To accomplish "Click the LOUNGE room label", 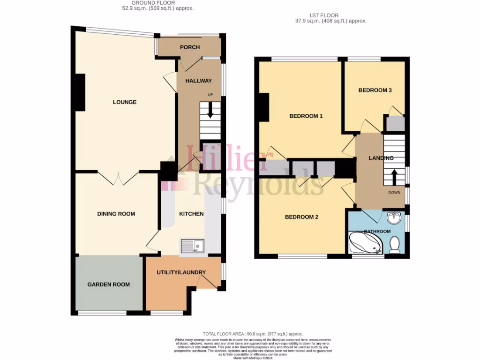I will pos(124,102).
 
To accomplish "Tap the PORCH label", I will pos(190,47).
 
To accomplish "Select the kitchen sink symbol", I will pos(192,245).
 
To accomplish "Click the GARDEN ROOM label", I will pos(109,284).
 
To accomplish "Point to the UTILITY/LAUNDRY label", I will pos(181,272).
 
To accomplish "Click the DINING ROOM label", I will pos(116,214).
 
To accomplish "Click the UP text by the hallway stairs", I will pos(210,95).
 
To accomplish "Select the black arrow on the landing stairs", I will pos(394,178).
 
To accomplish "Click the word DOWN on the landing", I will pos(394,192).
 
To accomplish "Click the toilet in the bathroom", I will pos(395,245).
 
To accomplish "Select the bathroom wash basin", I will pos(393,217).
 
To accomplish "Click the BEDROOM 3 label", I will pos(375,90).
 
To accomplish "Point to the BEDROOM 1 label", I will pos(306,116).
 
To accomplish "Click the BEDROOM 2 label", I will pos(302,217).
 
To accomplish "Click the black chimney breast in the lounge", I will pos(81,92).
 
